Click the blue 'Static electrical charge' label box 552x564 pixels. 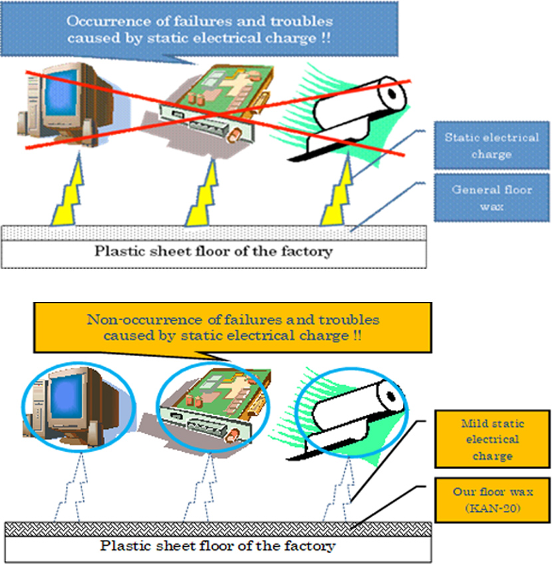coord(492,146)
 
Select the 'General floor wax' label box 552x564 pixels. coord(492,198)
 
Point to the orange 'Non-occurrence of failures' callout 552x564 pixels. coord(233,327)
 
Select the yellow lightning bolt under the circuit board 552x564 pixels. coord(203,193)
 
